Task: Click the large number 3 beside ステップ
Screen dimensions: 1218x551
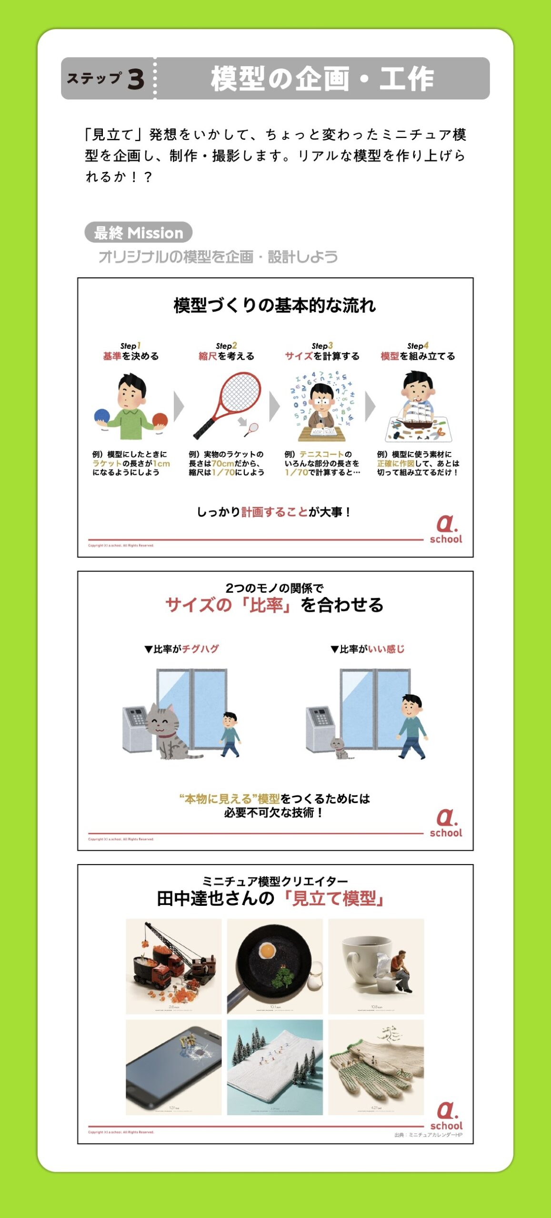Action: [x=136, y=79]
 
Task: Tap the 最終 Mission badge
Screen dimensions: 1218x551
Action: [x=138, y=233]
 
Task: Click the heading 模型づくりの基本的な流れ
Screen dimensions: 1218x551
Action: [x=275, y=305]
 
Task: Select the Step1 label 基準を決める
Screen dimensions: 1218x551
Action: [x=130, y=356]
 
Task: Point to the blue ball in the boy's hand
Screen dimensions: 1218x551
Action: [x=102, y=416]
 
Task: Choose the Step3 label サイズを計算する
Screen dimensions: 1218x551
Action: [x=322, y=356]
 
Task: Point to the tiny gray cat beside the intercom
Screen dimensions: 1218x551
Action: [x=339, y=747]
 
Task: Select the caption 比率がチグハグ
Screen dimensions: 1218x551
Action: [x=181, y=649]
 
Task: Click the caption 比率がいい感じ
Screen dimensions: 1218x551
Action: [x=368, y=649]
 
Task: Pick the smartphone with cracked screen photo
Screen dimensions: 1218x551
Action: [x=173, y=1067]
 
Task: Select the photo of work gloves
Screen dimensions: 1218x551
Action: [x=376, y=1067]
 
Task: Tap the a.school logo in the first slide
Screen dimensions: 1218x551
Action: [x=446, y=529]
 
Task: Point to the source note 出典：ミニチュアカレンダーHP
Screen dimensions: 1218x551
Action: [x=428, y=1135]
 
